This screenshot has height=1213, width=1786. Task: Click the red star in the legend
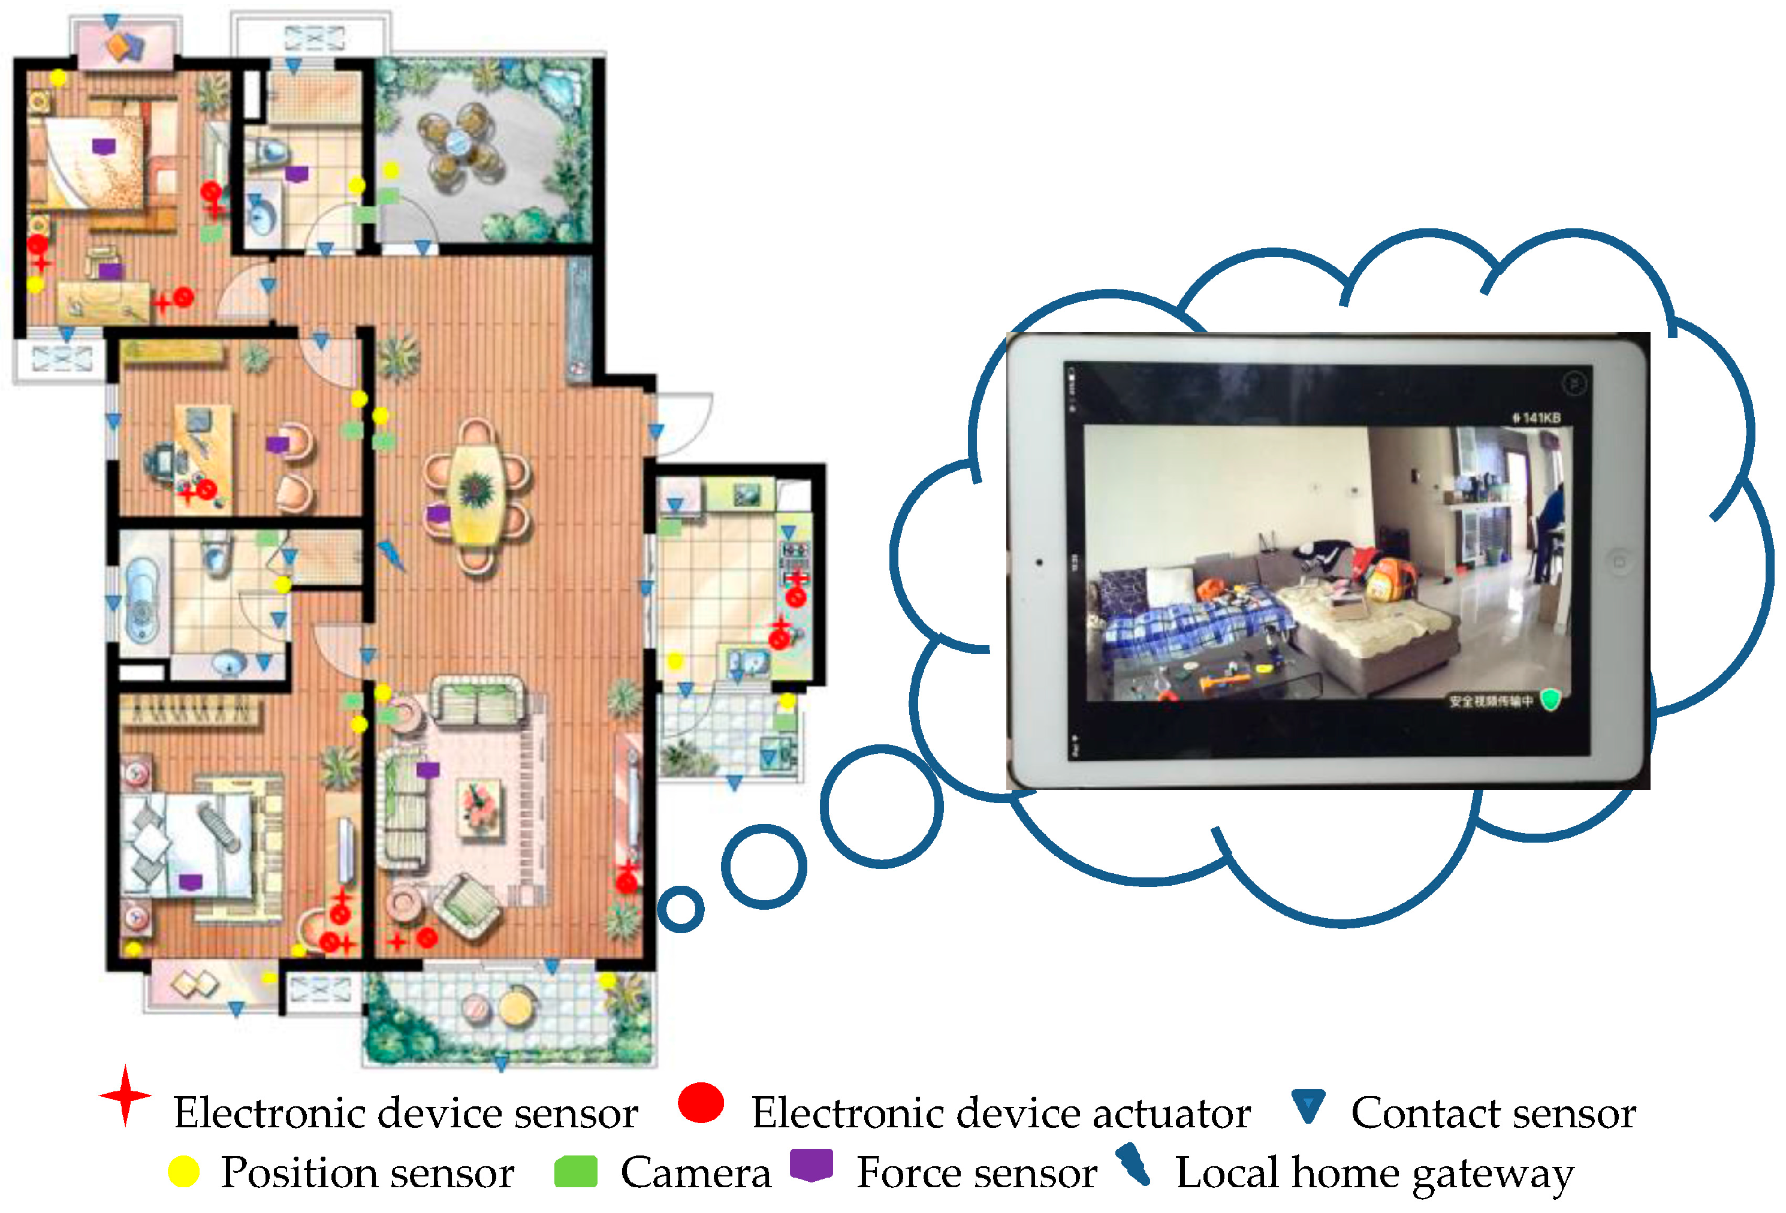click(125, 1096)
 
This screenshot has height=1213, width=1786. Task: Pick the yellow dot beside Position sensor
click(183, 1172)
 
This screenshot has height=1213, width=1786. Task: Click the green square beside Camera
click(575, 1172)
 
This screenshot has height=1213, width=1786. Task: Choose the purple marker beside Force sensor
click(811, 1164)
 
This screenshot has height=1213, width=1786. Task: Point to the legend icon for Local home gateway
click(1133, 1164)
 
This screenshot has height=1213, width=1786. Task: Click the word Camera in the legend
click(695, 1173)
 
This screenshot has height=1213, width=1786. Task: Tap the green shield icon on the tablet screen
click(1551, 699)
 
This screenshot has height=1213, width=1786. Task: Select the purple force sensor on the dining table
click(438, 514)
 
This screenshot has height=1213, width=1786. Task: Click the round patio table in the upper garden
click(458, 142)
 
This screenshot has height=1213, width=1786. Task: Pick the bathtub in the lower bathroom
click(141, 599)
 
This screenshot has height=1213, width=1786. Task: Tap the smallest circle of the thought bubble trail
click(680, 909)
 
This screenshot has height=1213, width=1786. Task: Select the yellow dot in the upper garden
click(391, 170)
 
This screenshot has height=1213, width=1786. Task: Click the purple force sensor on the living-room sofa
click(427, 769)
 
